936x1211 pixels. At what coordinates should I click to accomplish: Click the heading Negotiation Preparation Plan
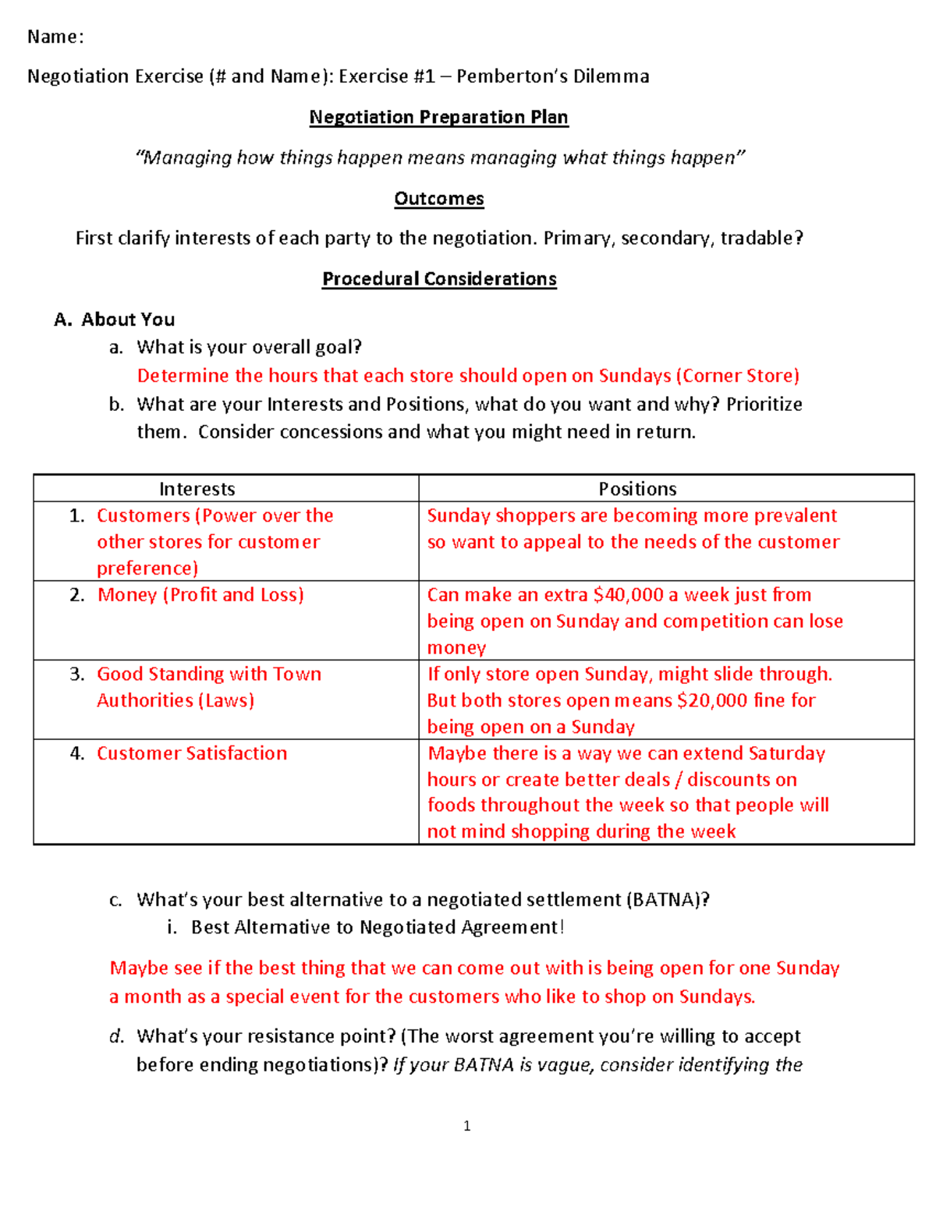[438, 117]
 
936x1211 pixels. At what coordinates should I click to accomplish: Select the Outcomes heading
[438, 198]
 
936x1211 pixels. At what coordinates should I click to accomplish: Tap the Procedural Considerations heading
[439, 278]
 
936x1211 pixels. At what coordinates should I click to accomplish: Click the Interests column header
[197, 489]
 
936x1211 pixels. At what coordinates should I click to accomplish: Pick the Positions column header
[637, 489]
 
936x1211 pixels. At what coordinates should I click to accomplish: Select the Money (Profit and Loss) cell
[200, 595]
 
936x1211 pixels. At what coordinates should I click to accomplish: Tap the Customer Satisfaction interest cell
[192, 753]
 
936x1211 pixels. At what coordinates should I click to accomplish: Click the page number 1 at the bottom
[466, 1125]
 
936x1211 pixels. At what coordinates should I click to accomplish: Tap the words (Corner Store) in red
[737, 376]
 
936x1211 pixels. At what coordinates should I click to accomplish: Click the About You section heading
[128, 319]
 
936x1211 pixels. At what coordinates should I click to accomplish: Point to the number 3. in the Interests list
[76, 674]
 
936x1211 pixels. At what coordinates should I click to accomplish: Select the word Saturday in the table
[786, 753]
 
